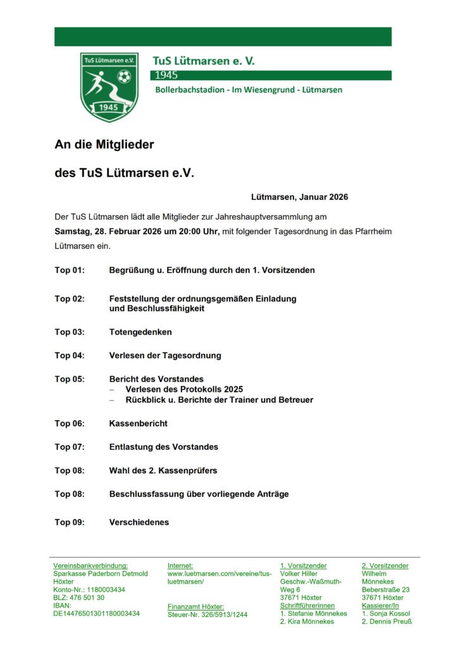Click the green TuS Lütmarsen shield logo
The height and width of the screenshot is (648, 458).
(109, 87)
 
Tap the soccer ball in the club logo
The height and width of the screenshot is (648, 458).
(124, 77)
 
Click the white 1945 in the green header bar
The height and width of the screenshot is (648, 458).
(166, 75)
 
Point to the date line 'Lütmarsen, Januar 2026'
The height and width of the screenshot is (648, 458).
(299, 197)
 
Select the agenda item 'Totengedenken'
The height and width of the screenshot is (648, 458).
(140, 332)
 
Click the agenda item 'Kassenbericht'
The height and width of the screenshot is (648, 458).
(139, 423)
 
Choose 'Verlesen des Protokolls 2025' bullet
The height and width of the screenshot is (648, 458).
(184, 389)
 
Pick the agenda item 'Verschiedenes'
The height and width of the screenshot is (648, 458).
(139, 523)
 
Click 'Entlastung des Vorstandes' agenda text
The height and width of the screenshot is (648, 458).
(164, 447)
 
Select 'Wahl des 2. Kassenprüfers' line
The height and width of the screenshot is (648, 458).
(163, 470)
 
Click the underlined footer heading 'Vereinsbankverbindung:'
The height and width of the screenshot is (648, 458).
(90, 566)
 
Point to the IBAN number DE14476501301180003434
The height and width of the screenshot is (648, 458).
(97, 613)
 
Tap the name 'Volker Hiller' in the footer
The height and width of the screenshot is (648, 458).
(299, 573)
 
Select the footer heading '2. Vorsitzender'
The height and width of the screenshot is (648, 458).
(385, 566)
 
